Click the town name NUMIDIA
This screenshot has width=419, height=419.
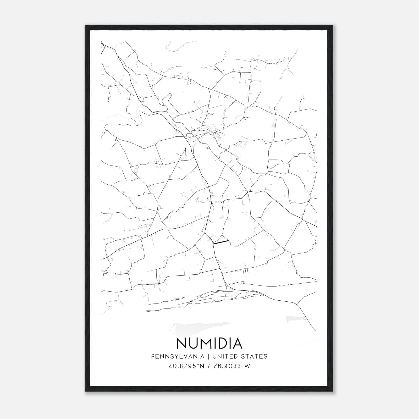pyautogui.click(x=210, y=343)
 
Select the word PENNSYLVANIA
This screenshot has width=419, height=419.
pyautogui.click(x=174, y=356)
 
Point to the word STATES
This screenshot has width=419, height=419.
pyautogui.click(x=254, y=356)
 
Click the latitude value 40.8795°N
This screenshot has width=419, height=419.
pyautogui.click(x=186, y=366)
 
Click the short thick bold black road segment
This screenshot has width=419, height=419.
pyautogui.click(x=221, y=242)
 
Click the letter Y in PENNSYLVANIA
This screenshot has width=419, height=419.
pyautogui.click(x=171, y=356)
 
